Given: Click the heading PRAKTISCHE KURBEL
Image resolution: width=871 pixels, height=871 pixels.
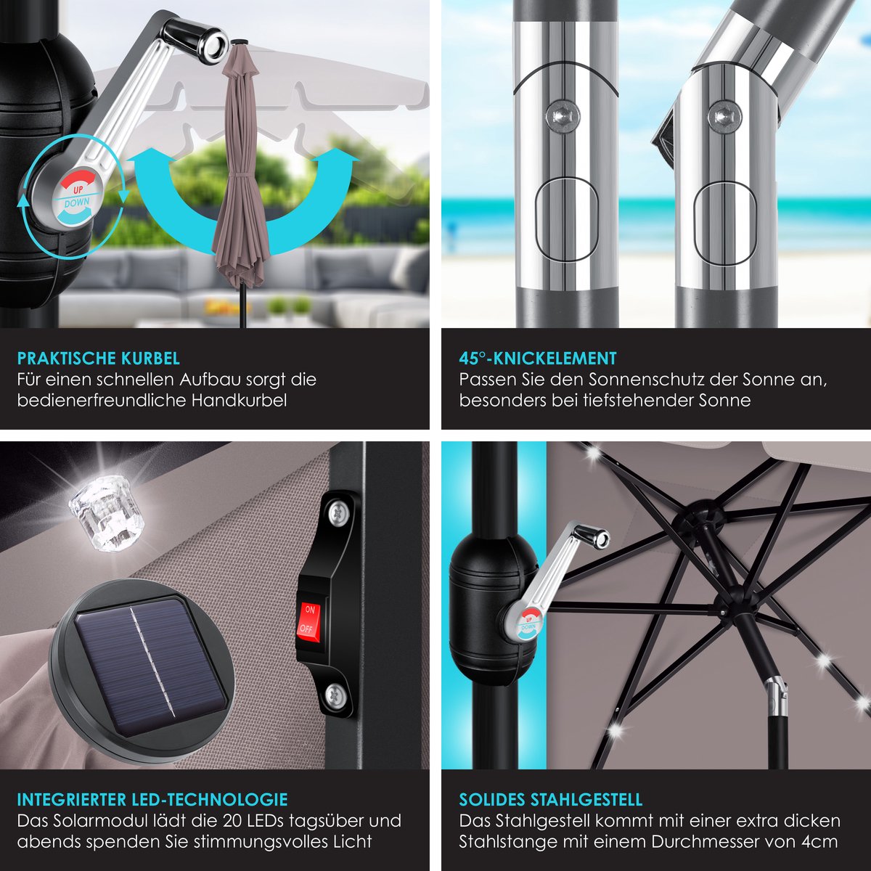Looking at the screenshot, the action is (99, 359).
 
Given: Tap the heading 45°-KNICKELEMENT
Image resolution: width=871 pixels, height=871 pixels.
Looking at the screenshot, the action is (537, 359).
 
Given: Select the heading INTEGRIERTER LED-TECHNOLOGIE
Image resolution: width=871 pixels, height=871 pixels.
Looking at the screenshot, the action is (152, 800).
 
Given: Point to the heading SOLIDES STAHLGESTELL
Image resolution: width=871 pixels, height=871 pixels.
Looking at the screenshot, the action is (550, 800).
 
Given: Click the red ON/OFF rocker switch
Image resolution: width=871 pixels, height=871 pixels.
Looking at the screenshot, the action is (308, 619).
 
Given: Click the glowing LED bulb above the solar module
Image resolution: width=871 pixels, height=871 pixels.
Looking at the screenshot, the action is (107, 511).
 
